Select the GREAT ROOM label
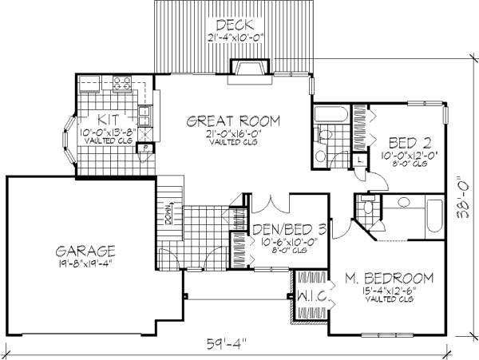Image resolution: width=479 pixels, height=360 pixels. (233, 121)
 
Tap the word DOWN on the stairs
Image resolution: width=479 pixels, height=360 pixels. (169, 215)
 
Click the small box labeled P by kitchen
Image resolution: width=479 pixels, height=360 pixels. (147, 148)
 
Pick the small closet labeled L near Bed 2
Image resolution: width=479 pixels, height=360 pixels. (359, 159)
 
